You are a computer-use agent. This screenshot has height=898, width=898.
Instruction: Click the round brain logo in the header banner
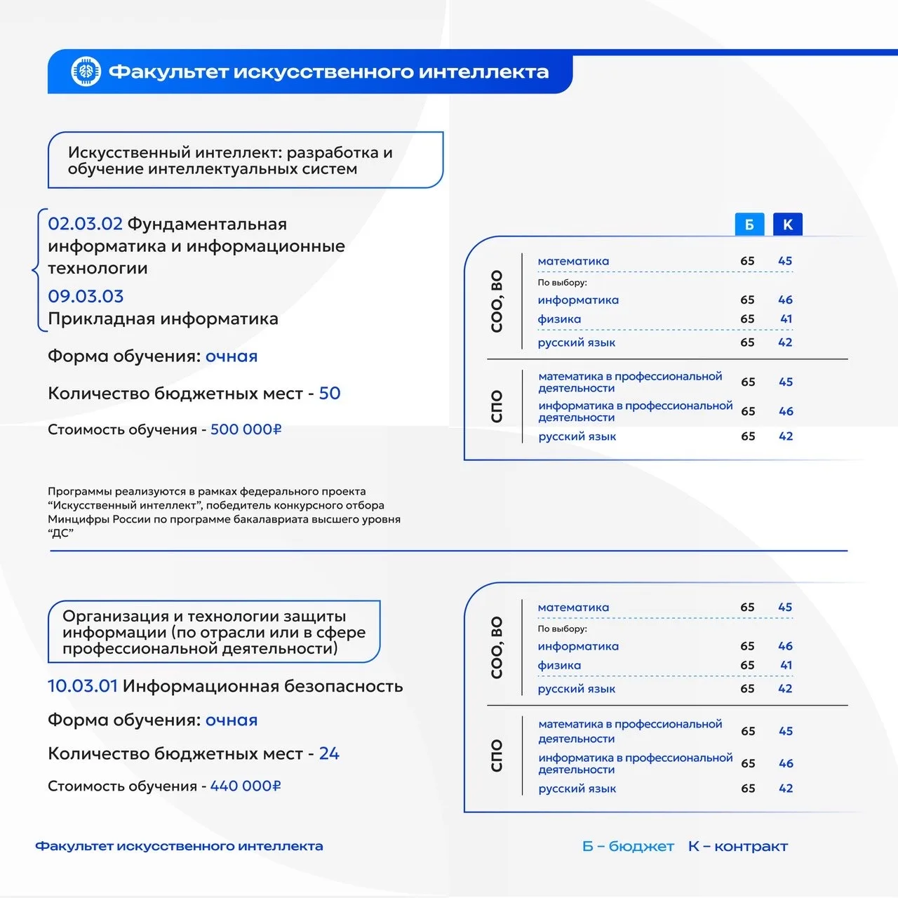(x=86, y=72)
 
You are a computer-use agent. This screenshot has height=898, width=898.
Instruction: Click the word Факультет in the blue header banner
(x=167, y=72)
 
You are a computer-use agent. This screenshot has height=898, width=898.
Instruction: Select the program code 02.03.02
(x=85, y=224)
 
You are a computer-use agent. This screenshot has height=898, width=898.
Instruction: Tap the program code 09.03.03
(x=86, y=296)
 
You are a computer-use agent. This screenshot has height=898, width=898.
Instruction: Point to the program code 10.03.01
(x=82, y=685)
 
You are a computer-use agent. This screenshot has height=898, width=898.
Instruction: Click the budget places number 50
(x=330, y=393)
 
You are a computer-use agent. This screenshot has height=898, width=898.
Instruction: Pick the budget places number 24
(x=329, y=753)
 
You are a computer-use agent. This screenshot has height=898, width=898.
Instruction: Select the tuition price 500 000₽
(x=246, y=429)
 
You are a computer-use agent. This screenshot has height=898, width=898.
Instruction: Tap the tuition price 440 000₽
(x=246, y=786)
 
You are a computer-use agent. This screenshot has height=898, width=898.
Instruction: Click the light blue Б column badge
(x=749, y=224)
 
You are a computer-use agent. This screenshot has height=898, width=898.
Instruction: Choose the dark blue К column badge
(x=787, y=224)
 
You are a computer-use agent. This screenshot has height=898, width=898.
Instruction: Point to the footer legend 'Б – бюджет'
(x=628, y=846)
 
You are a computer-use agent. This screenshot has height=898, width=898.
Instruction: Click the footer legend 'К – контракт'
(x=738, y=846)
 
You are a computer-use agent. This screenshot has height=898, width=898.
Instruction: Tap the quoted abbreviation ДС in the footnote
(x=61, y=533)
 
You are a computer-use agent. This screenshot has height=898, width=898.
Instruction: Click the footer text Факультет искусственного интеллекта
(x=179, y=846)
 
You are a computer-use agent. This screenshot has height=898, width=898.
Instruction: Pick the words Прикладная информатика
(x=163, y=319)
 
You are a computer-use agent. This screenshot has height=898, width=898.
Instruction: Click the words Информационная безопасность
(x=263, y=685)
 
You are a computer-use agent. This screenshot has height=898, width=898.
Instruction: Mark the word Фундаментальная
(x=207, y=224)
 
